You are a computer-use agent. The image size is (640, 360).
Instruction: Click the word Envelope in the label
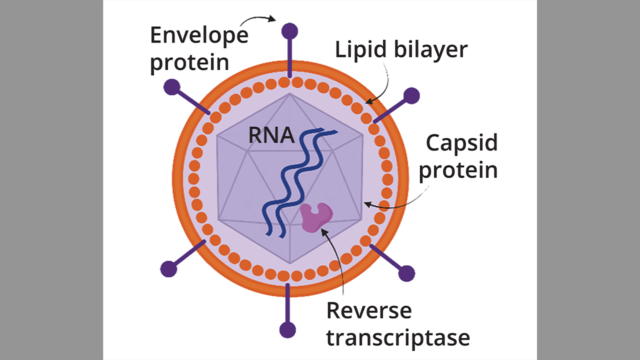(199, 35)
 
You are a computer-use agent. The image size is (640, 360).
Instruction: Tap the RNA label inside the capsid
(271, 135)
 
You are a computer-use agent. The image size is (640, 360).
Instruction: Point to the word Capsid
(461, 143)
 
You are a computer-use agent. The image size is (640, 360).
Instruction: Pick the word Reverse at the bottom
(369, 310)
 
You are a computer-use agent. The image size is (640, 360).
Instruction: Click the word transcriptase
(398, 337)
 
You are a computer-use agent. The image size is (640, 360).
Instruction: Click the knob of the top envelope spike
(289, 31)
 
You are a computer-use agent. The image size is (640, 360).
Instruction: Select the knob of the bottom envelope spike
(287, 330)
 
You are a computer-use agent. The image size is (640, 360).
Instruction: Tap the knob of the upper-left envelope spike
(171, 87)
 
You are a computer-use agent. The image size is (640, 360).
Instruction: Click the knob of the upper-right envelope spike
(411, 95)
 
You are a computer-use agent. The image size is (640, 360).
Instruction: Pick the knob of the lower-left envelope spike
(169, 269)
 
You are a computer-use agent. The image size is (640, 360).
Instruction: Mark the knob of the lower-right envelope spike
(406, 273)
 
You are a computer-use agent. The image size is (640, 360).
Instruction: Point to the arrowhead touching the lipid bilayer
(367, 102)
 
